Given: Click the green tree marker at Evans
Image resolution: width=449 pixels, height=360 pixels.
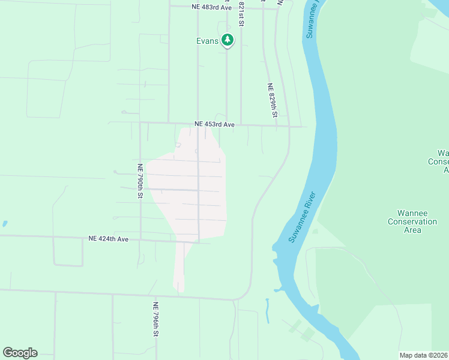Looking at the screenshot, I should (x=227, y=40).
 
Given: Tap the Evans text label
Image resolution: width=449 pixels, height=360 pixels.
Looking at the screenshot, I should (x=207, y=41).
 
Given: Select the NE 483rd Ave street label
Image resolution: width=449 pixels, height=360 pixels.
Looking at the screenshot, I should (x=212, y=7).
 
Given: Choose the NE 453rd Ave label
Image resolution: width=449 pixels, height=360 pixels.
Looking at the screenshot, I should (x=214, y=124).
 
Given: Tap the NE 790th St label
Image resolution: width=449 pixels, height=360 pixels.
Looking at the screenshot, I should (x=140, y=181).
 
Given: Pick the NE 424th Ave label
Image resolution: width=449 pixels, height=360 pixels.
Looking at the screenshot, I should (x=109, y=239).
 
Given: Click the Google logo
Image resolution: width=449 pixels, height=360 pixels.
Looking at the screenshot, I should (x=20, y=352).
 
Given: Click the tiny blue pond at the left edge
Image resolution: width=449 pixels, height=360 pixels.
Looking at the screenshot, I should (x=5, y=223).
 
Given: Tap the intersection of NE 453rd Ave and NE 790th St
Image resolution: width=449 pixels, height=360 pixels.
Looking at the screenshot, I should (x=140, y=122).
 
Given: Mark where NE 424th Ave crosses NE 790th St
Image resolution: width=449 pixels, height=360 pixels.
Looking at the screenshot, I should (x=140, y=240).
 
